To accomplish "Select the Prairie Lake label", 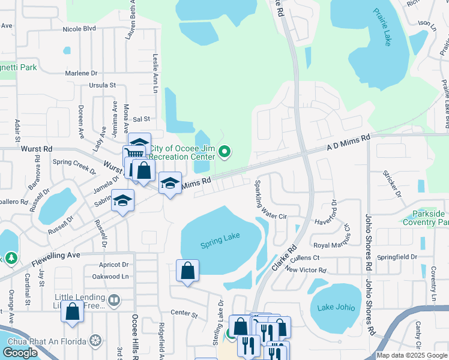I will (382, 27).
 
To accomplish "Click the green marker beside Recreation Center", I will (224, 152).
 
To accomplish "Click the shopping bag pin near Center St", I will (72, 312).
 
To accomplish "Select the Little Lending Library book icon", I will (113, 299).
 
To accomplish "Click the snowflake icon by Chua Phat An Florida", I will (95, 341).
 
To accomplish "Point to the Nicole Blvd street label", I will (79, 28).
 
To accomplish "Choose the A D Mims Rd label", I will (348, 142).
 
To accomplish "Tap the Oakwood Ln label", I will (110, 277).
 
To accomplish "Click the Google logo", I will (20, 353).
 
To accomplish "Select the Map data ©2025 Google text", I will (411, 355).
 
